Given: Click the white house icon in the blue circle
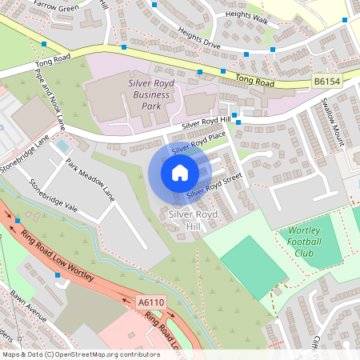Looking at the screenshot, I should (x=180, y=173).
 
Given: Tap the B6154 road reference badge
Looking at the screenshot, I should (x=326, y=82).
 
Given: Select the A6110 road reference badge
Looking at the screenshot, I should (x=150, y=302).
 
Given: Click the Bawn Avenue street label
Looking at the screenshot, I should (x=29, y=307).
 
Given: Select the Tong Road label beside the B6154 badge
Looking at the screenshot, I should (x=255, y=81).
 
